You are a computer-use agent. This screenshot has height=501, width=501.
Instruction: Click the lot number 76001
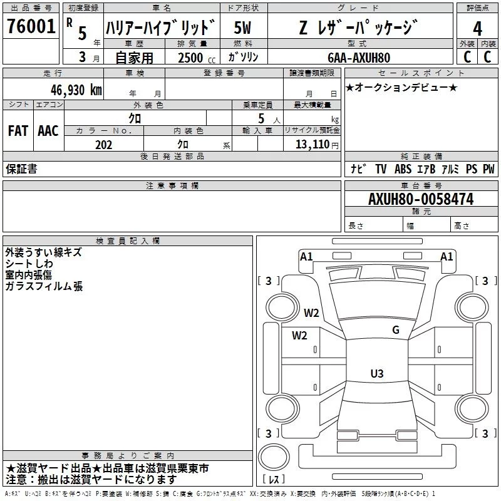pos(31,26)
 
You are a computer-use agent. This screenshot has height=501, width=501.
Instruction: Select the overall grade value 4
pos(477,28)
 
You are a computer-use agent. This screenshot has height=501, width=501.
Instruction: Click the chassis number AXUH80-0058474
pos(420,199)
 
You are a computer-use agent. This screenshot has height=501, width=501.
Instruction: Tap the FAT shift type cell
pos(18,131)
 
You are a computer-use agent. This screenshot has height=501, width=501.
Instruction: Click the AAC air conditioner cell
pos(48,131)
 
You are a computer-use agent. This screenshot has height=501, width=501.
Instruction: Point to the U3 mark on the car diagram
pos(376,374)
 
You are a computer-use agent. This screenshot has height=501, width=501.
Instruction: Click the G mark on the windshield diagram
pos(396,330)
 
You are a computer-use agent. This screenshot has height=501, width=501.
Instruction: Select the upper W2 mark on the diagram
pos(311,313)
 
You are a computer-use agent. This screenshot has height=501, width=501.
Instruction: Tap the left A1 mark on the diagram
pos(306,256)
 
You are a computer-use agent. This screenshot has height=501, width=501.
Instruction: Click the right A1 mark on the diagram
pos(447,256)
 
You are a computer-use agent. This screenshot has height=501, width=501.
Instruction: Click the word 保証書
pos(21,169)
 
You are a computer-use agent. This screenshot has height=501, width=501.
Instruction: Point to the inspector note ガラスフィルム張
pos(44,287)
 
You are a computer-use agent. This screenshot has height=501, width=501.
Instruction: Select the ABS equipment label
pos(403,169)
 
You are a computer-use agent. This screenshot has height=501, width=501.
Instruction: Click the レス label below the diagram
pos(274,480)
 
